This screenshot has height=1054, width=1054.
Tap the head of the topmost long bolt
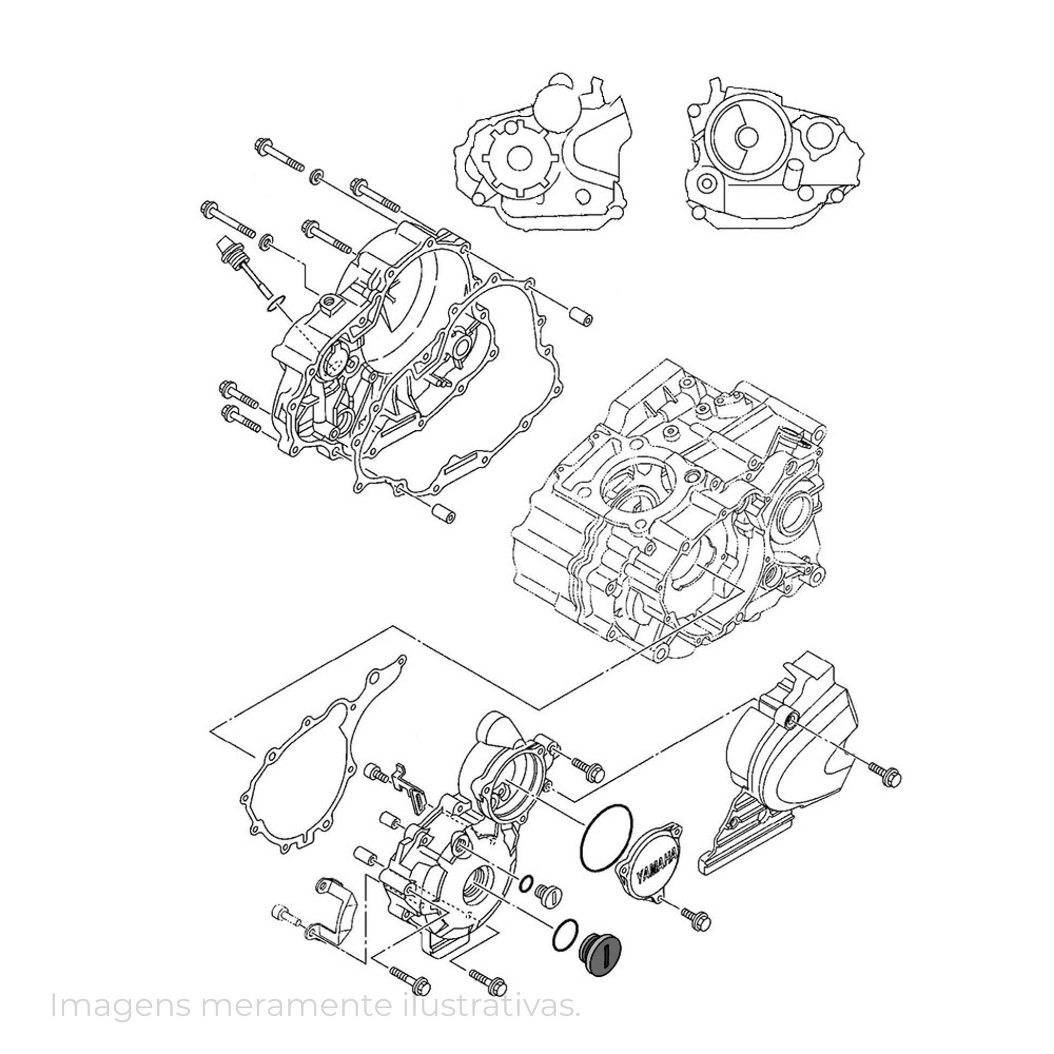pyautogui.click(x=264, y=146)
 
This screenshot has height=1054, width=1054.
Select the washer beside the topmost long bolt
pyautogui.click(x=317, y=176)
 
